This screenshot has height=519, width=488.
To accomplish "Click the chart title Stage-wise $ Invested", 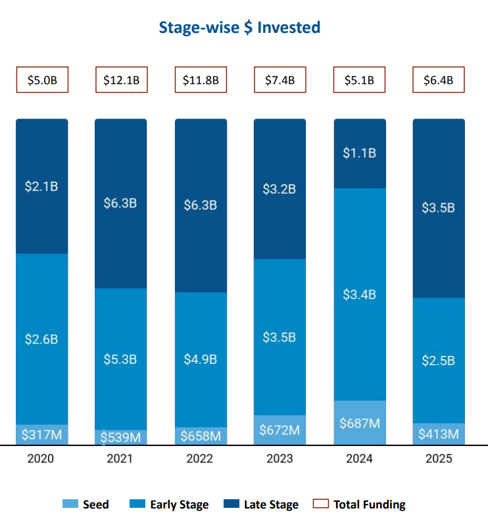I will tap(239, 28).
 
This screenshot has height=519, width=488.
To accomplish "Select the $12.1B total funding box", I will tap(121, 80).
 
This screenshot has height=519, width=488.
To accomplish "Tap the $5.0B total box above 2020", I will tap(42, 80).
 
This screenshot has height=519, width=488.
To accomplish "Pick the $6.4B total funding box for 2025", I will tap(438, 80).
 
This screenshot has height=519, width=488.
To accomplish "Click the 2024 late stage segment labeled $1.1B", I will tap(359, 153).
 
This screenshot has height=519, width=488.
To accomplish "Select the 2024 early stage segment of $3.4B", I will tap(359, 294).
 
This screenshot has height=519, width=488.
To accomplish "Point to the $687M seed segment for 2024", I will tap(359, 423).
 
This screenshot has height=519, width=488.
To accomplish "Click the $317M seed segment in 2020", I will tap(42, 435).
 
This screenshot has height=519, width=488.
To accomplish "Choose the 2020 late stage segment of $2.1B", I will tap(42, 186).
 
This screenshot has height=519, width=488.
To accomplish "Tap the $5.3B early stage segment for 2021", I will tap(121, 359).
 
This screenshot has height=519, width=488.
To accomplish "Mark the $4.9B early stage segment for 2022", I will tap(201, 359).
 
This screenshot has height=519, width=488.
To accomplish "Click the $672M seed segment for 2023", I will tap(280, 430).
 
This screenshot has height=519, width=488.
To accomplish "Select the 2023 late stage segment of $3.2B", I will tap(280, 189).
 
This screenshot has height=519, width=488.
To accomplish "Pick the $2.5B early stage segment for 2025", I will tap(438, 360).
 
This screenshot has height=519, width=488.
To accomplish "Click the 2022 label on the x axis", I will tap(201, 458).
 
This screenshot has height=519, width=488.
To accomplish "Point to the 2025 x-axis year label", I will tap(438, 458).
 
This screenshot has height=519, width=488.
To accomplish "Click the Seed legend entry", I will tap(86, 505).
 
